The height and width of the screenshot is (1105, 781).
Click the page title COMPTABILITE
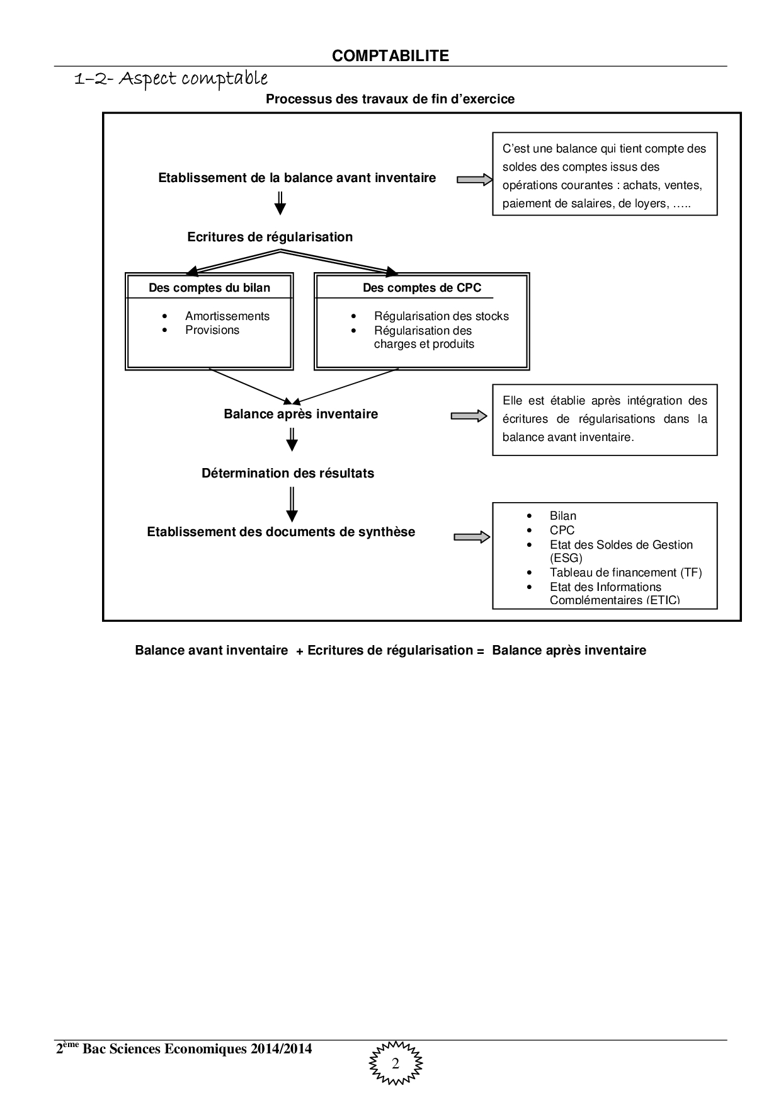pyautogui.click(x=390, y=56)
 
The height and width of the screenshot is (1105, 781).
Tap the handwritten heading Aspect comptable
pyautogui.click(x=171, y=79)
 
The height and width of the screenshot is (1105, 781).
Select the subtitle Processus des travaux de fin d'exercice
pyautogui.click(x=390, y=99)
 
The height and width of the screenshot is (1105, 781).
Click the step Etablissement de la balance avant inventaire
pyautogui.click(x=297, y=178)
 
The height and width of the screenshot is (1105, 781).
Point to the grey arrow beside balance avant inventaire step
pyautogui.click(x=474, y=180)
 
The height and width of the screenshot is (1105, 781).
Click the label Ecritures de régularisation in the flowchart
pyautogui.click(x=270, y=237)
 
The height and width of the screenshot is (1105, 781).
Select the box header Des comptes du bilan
pyautogui.click(x=209, y=288)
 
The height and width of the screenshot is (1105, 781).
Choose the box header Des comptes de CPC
pyautogui.click(x=421, y=288)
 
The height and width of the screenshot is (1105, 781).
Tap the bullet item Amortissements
pyautogui.click(x=227, y=316)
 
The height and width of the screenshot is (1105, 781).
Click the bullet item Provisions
pyautogui.click(x=212, y=330)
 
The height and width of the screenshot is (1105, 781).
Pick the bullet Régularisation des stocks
pyautogui.click(x=441, y=316)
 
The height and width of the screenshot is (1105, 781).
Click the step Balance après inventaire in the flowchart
pyautogui.click(x=300, y=414)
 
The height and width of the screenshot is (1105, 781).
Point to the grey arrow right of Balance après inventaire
pyautogui.click(x=469, y=416)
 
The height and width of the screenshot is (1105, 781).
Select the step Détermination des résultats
pyautogui.click(x=287, y=473)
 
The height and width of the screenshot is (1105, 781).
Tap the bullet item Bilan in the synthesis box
pyautogui.click(x=562, y=516)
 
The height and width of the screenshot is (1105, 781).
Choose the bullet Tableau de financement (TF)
pyautogui.click(x=625, y=573)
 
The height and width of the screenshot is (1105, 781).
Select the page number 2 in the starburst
pyautogui.click(x=396, y=1064)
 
